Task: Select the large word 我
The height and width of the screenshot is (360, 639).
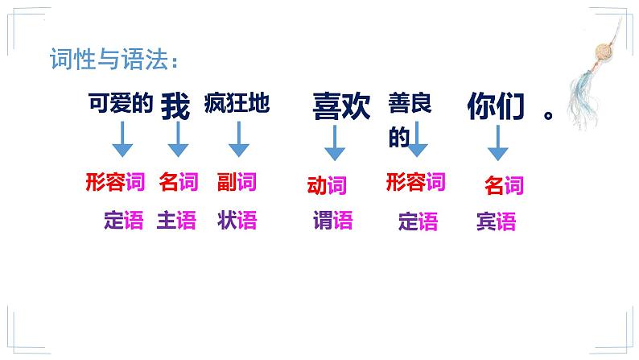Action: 175,106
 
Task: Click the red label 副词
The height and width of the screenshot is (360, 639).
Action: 237,182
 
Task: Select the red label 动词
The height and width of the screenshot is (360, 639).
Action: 327,186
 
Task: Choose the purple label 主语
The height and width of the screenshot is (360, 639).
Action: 176,220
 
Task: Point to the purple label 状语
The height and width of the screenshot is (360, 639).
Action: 237,220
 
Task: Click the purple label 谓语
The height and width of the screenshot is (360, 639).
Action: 332,220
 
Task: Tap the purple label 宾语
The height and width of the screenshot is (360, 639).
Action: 496,222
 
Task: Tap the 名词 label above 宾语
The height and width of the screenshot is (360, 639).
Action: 504,186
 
